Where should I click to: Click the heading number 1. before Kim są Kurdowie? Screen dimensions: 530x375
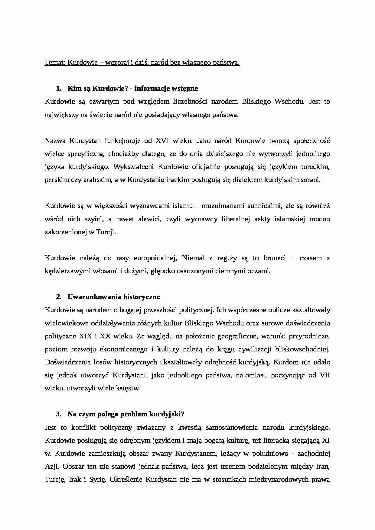click(x=59, y=89)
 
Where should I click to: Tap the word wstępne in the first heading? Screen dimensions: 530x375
click(x=185, y=89)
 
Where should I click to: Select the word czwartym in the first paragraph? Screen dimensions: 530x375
click(x=103, y=102)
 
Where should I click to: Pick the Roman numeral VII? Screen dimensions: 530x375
click(x=324, y=375)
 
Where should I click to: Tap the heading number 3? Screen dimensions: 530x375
click(x=59, y=414)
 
